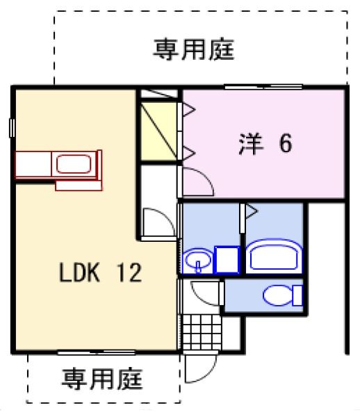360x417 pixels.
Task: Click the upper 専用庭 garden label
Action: pyautogui.click(x=195, y=49)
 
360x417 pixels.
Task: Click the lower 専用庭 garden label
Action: pyautogui.click(x=102, y=379)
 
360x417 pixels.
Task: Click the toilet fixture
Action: pyautogui.click(x=278, y=295)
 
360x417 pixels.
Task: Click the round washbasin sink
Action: pyautogui.click(x=197, y=261)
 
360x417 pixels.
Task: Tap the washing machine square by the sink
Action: pyautogui.click(x=226, y=259)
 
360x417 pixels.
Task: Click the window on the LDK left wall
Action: pyautogui.click(x=13, y=128)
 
